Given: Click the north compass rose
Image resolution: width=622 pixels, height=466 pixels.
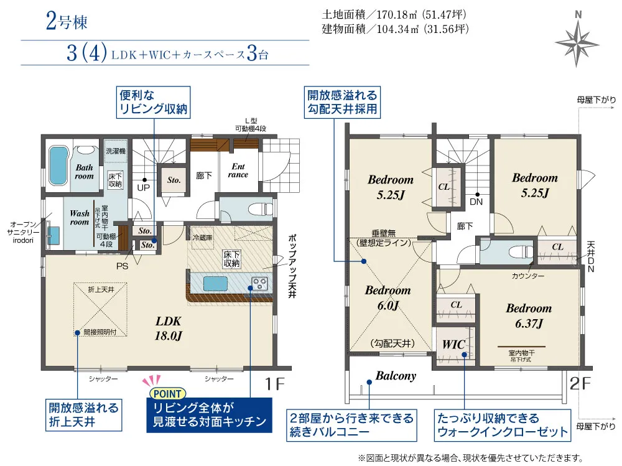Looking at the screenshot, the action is [577, 43].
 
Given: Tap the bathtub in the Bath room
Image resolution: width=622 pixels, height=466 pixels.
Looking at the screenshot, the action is [58, 165].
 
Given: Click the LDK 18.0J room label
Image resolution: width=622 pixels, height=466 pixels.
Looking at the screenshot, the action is [168, 329].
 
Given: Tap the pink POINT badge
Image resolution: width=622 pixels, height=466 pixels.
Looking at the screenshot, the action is [167, 393].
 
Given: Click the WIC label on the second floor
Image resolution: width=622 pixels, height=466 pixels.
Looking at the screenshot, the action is [453, 344].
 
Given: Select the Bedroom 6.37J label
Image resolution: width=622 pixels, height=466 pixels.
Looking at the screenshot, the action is [529, 316].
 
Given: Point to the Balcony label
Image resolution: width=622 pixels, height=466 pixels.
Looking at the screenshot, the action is [396, 376].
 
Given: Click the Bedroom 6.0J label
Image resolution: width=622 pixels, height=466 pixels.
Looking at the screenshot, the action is [388, 297].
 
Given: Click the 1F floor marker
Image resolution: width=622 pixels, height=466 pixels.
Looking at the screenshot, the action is [274, 384].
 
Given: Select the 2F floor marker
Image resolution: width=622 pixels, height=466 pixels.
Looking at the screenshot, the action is [580, 383].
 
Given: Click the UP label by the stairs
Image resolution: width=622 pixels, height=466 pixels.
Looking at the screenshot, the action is [144, 187].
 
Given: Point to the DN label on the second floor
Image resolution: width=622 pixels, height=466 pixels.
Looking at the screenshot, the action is [476, 202].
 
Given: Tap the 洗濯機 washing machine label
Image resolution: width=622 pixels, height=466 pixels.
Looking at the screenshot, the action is [116, 151].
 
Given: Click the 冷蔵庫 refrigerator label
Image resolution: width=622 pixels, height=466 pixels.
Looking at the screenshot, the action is [203, 238].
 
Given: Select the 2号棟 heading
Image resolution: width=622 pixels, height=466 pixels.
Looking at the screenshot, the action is [67, 21].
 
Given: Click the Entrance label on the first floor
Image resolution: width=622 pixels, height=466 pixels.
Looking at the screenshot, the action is [238, 170].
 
